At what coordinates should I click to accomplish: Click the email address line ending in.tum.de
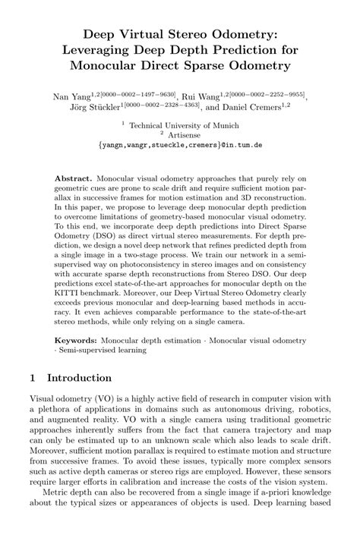180,145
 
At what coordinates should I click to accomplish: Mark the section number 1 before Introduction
33,377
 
